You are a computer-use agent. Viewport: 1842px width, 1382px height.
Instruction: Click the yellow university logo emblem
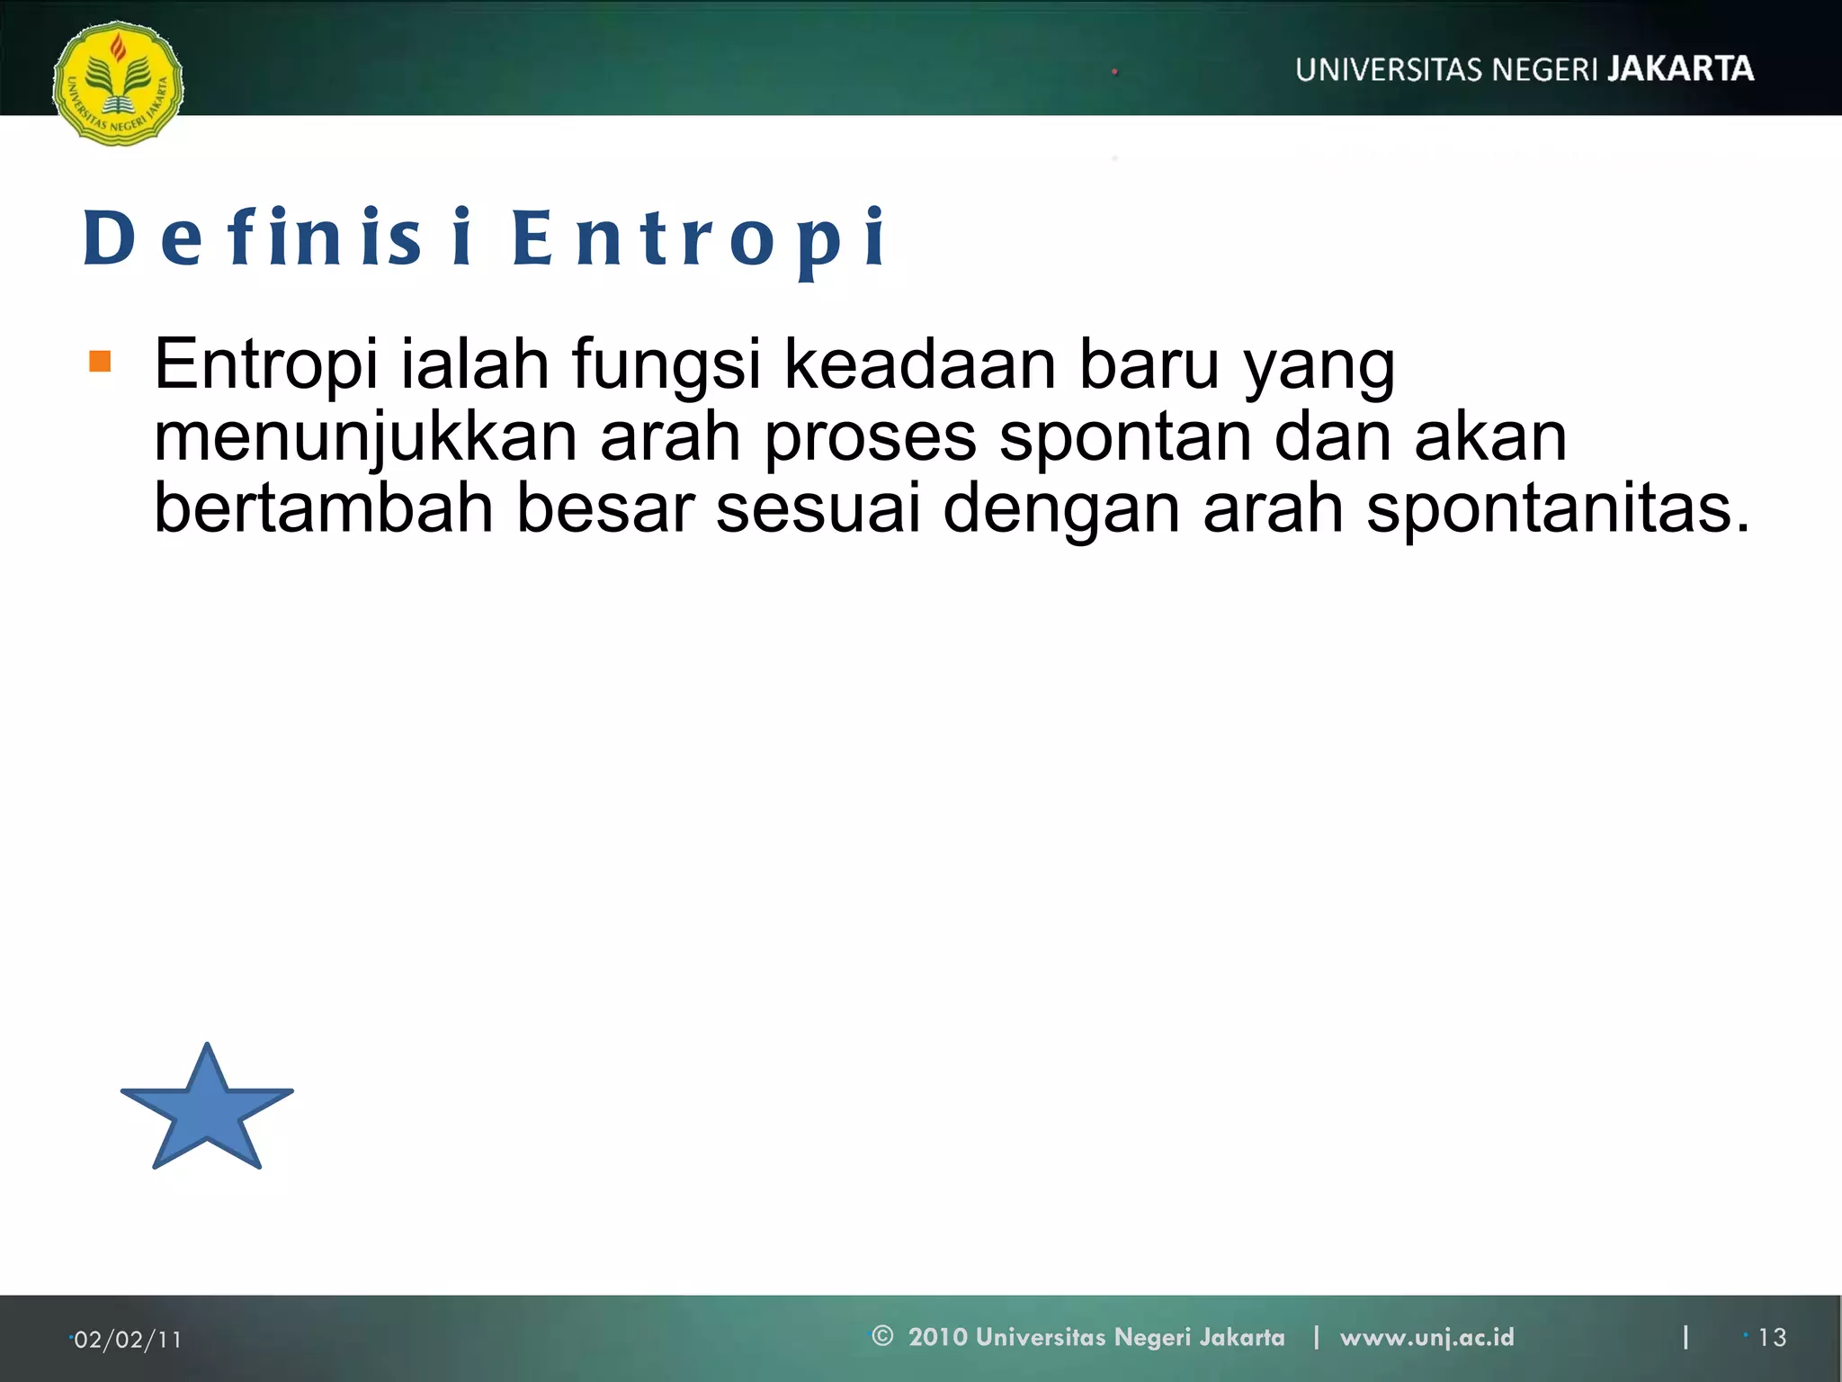[x=118, y=84]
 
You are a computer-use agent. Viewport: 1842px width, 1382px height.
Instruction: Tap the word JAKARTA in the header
[x=1680, y=69]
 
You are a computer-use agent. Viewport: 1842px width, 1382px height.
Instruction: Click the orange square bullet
[x=100, y=362]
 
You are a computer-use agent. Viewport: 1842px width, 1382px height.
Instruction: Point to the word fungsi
[x=666, y=364]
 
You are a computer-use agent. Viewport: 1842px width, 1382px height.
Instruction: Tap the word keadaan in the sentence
[x=920, y=364]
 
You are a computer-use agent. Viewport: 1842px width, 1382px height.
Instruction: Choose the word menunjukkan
[x=365, y=437]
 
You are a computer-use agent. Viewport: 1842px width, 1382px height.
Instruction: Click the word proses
[x=870, y=437]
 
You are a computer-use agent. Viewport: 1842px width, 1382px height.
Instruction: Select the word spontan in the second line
[x=1125, y=437]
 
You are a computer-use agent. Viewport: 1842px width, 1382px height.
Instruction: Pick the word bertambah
[x=324, y=508]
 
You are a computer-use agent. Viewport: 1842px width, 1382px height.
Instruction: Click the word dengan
[x=1060, y=508]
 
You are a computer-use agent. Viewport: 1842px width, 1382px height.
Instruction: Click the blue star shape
[x=207, y=1112]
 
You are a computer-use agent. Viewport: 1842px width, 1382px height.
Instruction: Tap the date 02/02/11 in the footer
[x=128, y=1340]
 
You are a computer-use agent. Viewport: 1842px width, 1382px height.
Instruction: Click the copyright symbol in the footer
[x=882, y=1336]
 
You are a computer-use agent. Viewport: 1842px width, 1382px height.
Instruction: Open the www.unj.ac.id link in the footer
[x=1426, y=1337]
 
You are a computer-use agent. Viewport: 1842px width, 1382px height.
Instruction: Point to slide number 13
[x=1772, y=1338]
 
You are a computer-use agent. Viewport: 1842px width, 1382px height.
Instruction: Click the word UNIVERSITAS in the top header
[x=1388, y=70]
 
